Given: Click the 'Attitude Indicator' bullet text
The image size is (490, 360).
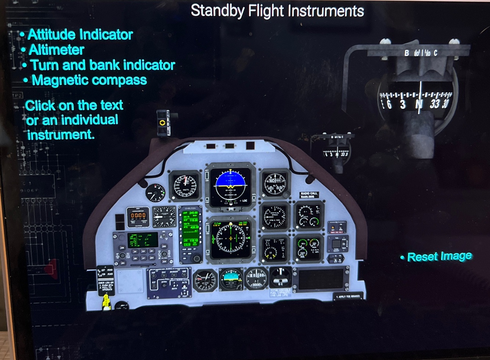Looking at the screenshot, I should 80,35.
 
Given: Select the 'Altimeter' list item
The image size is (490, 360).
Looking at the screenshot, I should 56,50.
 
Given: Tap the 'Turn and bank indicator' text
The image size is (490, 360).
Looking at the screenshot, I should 102,65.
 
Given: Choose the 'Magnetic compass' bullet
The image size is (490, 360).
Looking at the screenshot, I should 89,80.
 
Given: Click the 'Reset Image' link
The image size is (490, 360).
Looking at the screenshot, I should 439,256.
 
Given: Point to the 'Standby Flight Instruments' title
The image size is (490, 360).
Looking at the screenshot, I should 277,11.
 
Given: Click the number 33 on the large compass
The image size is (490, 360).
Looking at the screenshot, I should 435,104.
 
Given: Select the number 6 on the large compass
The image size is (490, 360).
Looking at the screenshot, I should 389,105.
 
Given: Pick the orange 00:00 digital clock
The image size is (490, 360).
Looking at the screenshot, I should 138,216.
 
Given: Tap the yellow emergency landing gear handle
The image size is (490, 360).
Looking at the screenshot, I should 106,302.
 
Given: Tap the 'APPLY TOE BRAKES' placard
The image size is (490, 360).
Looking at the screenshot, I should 347,296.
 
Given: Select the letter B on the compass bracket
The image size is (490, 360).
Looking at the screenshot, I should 407,53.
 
